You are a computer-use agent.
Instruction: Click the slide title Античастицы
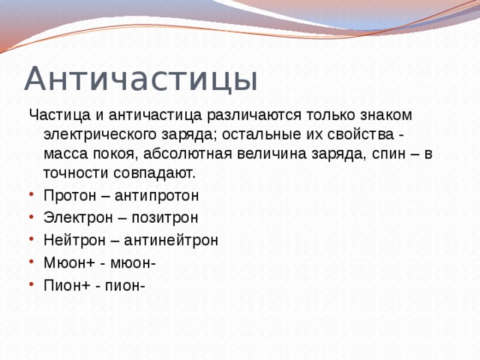click(141, 79)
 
